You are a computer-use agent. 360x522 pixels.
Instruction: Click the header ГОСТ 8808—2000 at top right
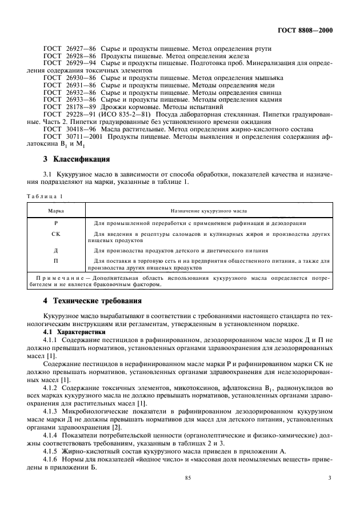pyautogui.click(x=306, y=30)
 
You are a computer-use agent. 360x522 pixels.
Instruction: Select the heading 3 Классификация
pyautogui.click(x=78, y=158)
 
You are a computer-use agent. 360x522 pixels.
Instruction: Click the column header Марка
pyautogui.click(x=55, y=211)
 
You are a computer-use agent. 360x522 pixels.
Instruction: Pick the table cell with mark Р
pyautogui.click(x=55, y=223)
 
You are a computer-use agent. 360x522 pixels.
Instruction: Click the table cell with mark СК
pyautogui.click(x=55, y=234)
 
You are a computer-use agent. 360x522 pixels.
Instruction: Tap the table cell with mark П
pyautogui.click(x=55, y=261)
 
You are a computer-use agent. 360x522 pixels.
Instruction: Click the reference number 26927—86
pyautogui.click(x=80, y=51)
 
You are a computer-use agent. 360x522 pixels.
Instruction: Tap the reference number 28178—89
pyautogui.click(x=80, y=106)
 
